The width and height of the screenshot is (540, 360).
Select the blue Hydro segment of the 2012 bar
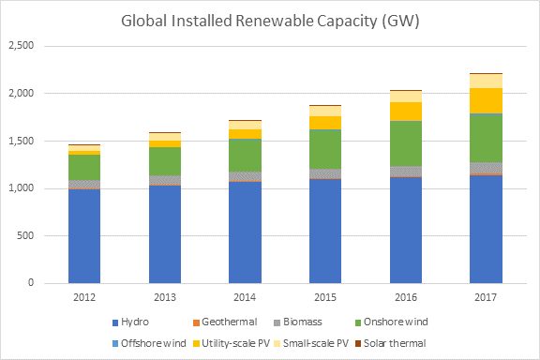pos(84,236)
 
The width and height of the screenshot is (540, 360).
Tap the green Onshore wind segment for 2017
pos(486,138)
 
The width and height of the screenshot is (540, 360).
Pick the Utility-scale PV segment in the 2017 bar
pos(486,100)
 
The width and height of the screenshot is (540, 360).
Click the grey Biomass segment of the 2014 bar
pos(246,176)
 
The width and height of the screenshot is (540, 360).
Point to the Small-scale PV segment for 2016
pos(406,97)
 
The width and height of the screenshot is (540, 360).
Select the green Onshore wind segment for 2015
pos(325,149)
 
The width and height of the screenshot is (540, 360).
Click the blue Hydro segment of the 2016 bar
pos(406,230)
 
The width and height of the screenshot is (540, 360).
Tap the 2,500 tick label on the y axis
pos(21,46)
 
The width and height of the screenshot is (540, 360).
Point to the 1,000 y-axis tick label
pos(21,188)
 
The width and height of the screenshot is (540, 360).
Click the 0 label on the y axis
pos(31,283)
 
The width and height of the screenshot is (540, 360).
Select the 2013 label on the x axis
pos(165,297)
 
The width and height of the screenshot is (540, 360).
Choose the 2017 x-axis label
pos(486,297)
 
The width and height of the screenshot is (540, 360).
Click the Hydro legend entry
pos(131,322)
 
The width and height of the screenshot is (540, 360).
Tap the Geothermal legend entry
pos(225,322)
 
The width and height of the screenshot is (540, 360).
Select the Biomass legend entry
pos(298,322)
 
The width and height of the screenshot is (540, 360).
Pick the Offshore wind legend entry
pos(149,343)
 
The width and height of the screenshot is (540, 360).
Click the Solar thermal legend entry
pos(391,343)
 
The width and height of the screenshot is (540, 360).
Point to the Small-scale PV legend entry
pos(311,343)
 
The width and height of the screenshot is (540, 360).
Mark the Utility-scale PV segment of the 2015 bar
pos(325,123)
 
